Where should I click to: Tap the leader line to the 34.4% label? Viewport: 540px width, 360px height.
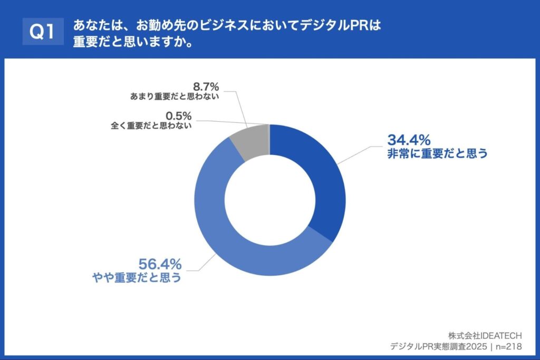tap(359, 154)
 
